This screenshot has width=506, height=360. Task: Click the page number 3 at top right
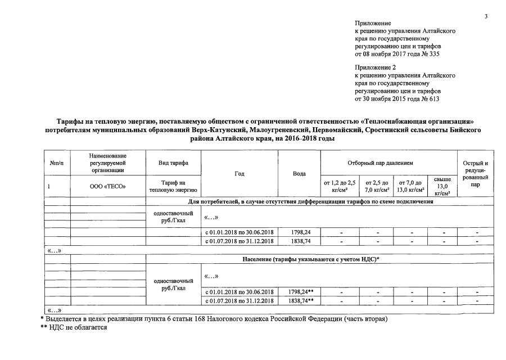pos(486,16)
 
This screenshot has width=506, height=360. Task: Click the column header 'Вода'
pos(299,174)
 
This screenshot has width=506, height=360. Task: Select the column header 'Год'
pos(240,174)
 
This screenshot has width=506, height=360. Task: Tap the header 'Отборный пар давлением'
pos(388,163)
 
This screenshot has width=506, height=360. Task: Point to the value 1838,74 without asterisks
pos(299,241)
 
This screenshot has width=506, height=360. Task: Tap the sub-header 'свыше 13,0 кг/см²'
pos(442,186)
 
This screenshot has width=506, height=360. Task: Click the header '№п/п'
pos(57,163)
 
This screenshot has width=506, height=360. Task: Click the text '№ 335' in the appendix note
pos(430,55)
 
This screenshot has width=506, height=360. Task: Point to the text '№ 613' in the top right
pos(430,99)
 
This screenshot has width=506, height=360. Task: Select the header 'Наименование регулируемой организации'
pos(108,163)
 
